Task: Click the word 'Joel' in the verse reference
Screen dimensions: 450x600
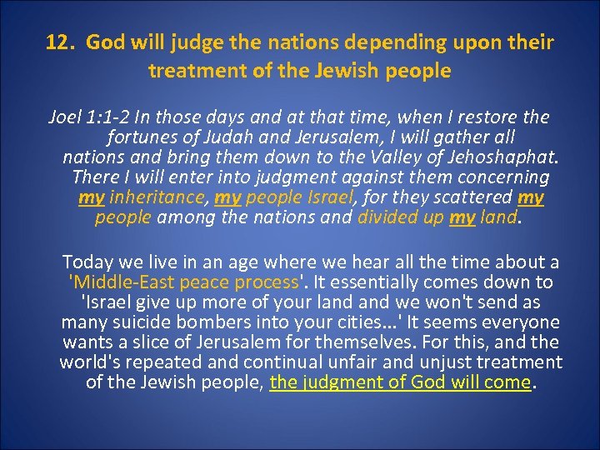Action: (65, 117)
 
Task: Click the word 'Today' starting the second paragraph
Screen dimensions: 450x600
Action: (87, 262)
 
